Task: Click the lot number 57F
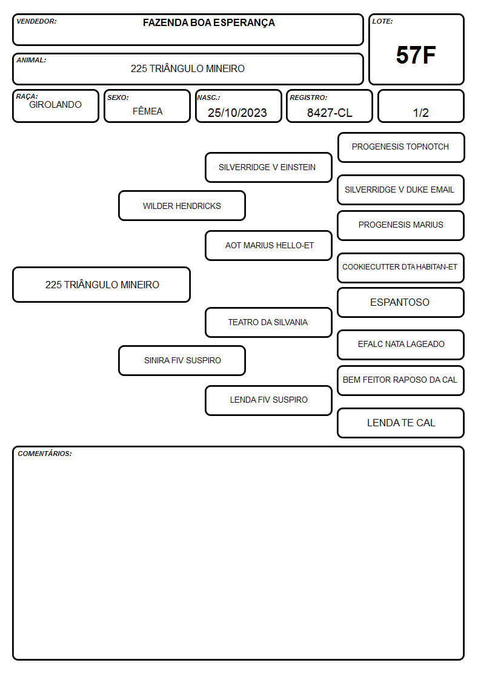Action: (416, 55)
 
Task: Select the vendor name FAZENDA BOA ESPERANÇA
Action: (208, 23)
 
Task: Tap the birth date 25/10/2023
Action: (237, 113)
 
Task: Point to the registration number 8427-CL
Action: (330, 113)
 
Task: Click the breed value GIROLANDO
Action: (55, 105)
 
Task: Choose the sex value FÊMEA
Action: (147, 111)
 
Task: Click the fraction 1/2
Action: (420, 113)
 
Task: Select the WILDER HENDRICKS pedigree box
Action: (182, 206)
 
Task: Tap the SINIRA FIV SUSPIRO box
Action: (182, 360)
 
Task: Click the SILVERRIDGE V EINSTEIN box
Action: (268, 167)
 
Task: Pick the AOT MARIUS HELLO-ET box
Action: (268, 245)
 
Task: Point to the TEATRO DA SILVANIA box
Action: (268, 322)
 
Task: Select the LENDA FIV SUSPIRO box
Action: (268, 400)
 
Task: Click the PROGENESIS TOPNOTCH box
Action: (401, 148)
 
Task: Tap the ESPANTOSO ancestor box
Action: (401, 303)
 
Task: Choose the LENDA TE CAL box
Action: (401, 423)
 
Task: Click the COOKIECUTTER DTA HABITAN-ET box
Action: (401, 268)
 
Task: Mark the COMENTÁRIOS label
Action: (45, 454)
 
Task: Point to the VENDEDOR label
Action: (36, 21)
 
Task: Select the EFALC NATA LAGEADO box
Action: (401, 345)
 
